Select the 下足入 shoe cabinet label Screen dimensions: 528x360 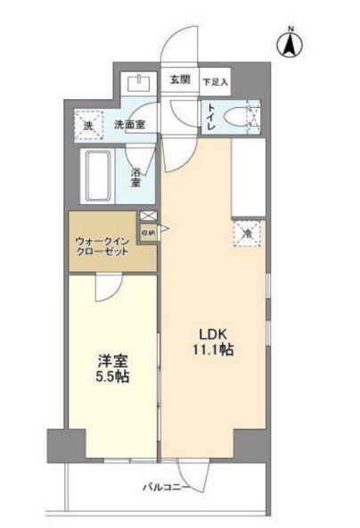(214, 82)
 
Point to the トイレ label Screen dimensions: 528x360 (210, 119)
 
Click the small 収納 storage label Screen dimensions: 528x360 (147, 233)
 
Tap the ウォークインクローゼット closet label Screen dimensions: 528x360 (102, 245)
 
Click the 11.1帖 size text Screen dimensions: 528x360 (211, 351)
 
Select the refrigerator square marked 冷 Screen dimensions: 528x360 (247, 233)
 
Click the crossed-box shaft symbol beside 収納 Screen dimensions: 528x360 (147, 218)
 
